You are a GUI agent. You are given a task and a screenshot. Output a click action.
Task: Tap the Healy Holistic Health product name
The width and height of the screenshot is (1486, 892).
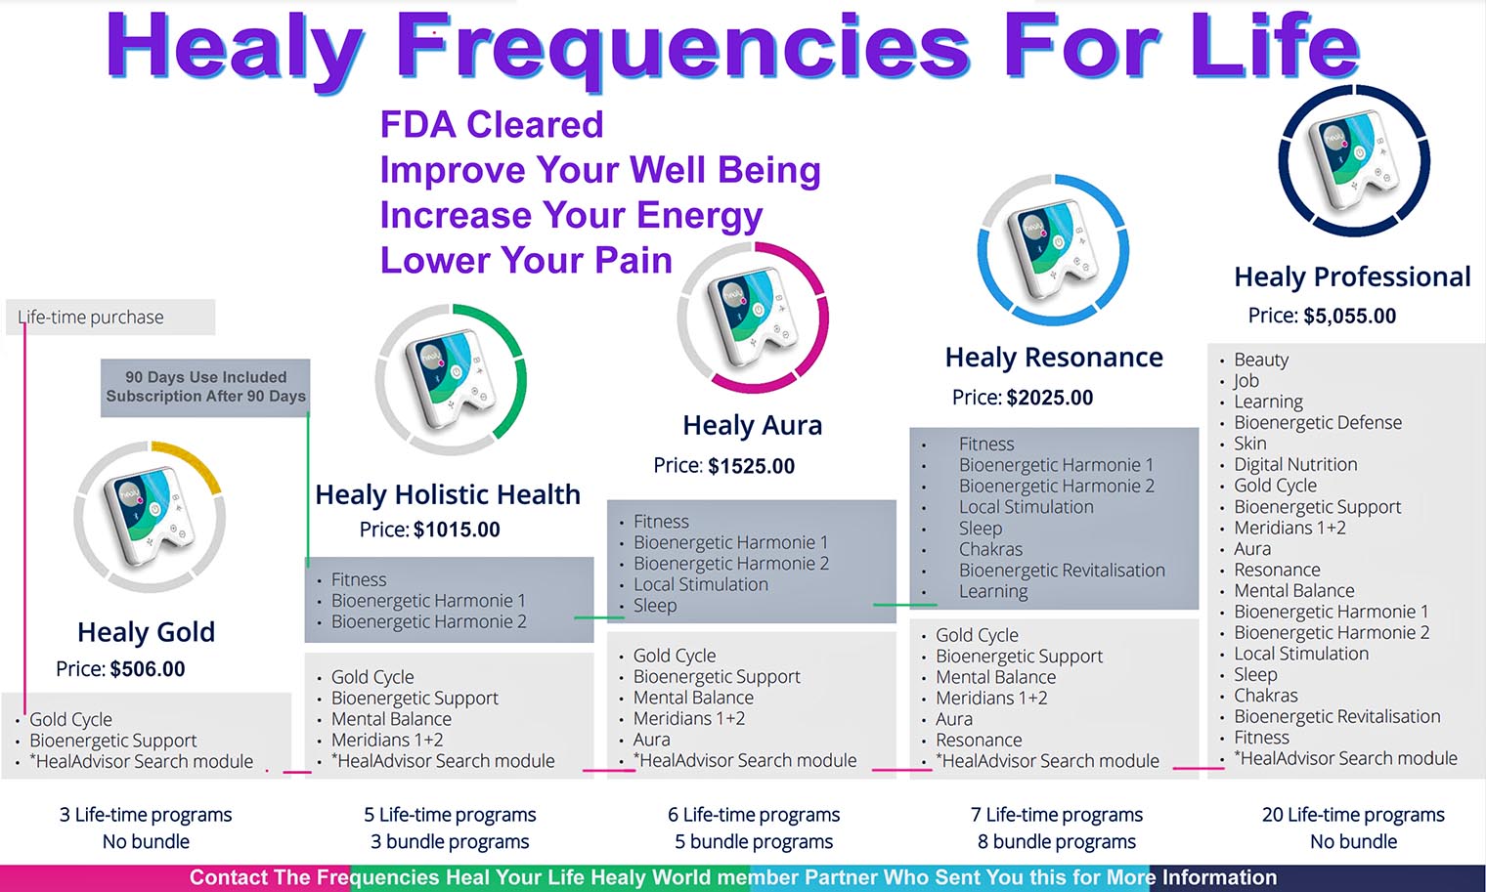point(448,494)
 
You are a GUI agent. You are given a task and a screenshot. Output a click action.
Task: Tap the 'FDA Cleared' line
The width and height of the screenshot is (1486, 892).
point(492,125)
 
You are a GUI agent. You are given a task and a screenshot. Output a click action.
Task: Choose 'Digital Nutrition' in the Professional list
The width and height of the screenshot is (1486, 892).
point(1295,464)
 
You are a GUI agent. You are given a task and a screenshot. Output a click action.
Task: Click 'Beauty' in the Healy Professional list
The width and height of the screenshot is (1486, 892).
point(1260,360)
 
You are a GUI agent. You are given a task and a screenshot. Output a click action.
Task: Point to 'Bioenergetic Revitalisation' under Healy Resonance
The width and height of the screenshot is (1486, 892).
point(1062,571)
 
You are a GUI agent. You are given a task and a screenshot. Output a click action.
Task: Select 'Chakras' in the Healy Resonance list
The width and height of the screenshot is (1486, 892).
point(990,549)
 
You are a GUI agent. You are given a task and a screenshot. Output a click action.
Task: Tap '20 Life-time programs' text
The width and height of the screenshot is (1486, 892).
point(1353,815)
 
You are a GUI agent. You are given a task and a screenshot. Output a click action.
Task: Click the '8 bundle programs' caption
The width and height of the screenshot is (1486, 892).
point(1056,841)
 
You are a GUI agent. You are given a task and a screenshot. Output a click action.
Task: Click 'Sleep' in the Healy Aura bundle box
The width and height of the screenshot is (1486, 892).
point(655,606)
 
